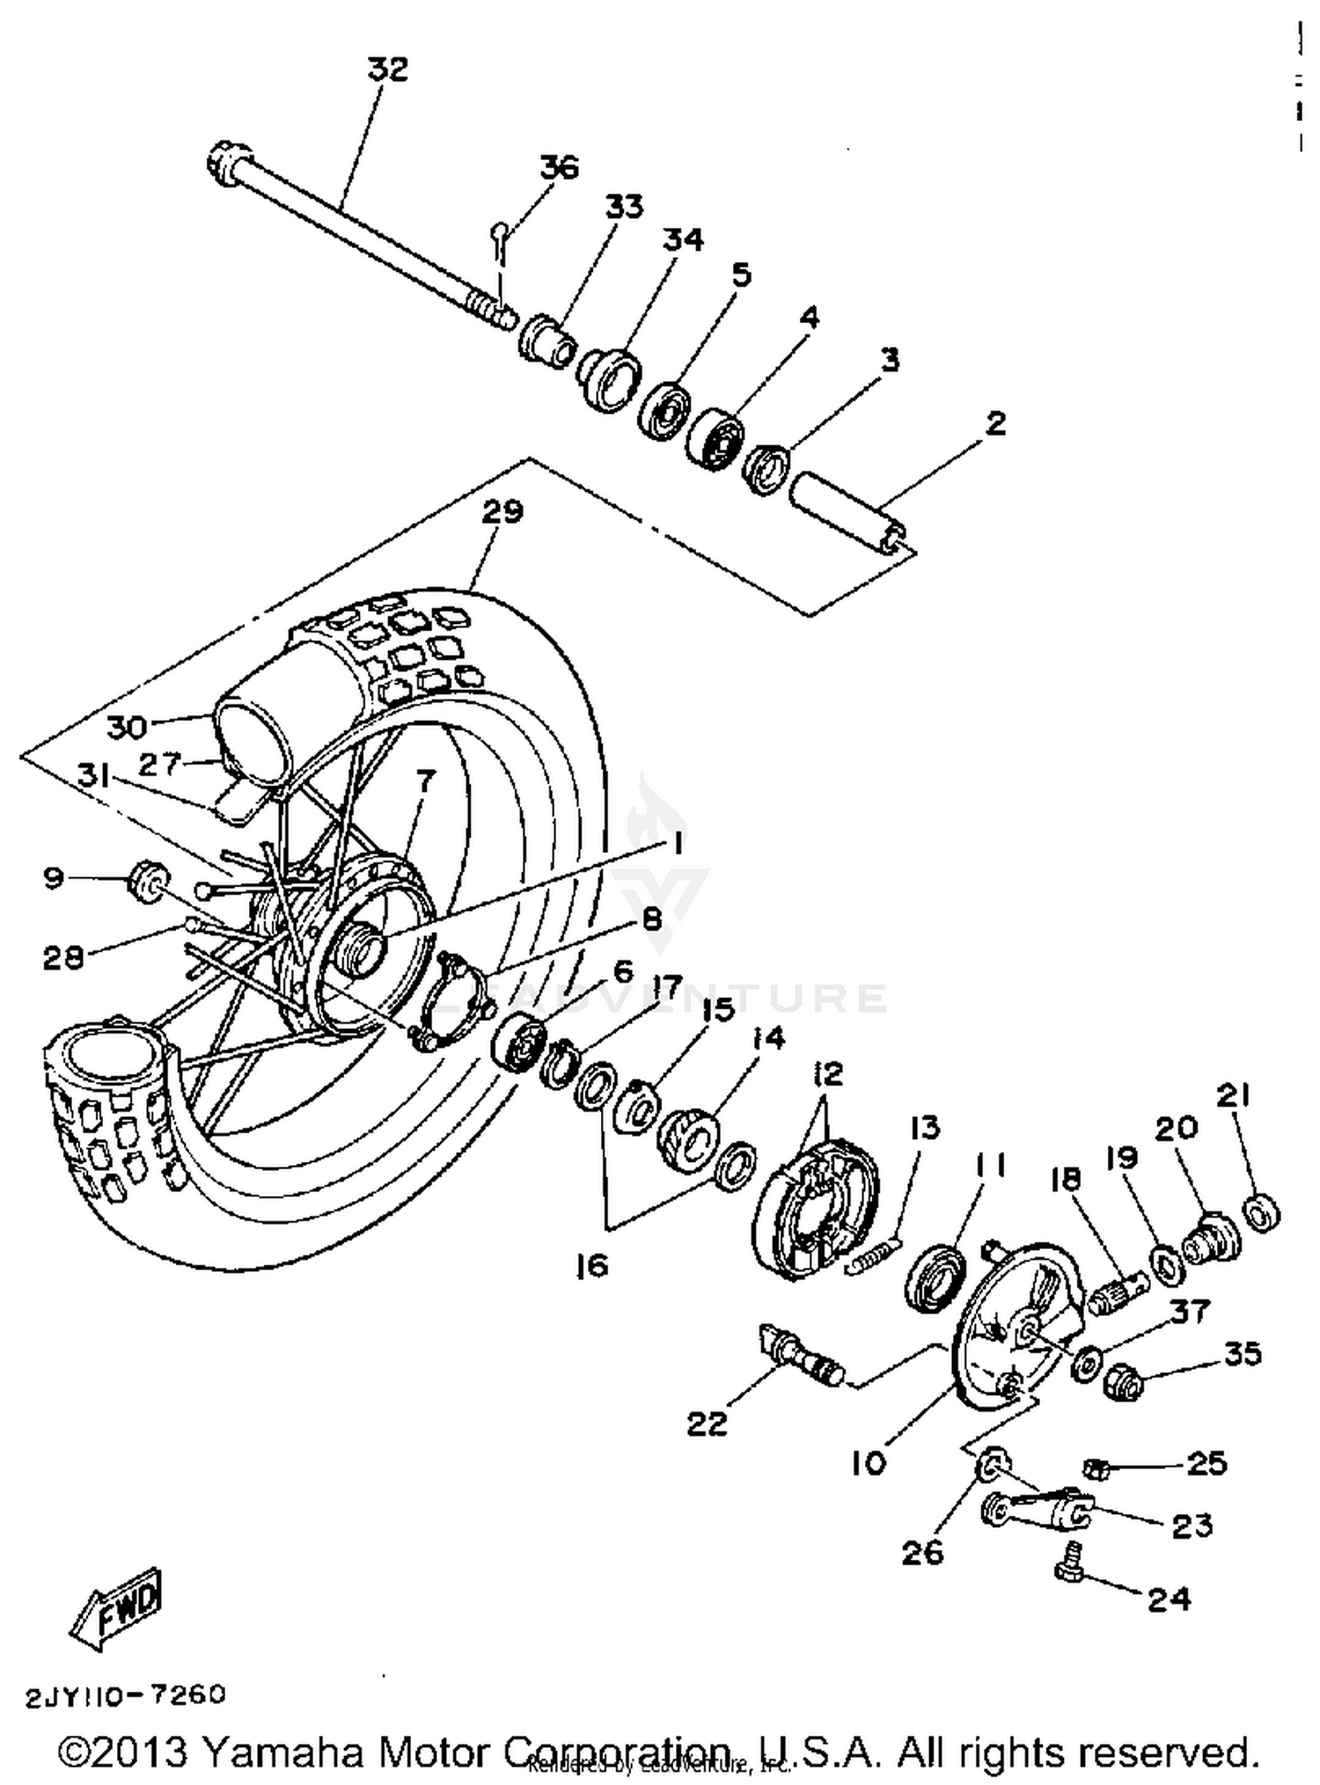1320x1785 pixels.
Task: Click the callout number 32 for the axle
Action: (388, 69)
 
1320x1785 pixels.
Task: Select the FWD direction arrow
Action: (118, 1608)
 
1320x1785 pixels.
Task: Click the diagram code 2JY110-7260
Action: (126, 1694)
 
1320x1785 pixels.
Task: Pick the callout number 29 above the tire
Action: (502, 511)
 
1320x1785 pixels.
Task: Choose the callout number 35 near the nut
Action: (1243, 1353)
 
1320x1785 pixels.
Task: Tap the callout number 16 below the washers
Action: (592, 1266)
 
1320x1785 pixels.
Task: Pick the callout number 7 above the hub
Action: (426, 780)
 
